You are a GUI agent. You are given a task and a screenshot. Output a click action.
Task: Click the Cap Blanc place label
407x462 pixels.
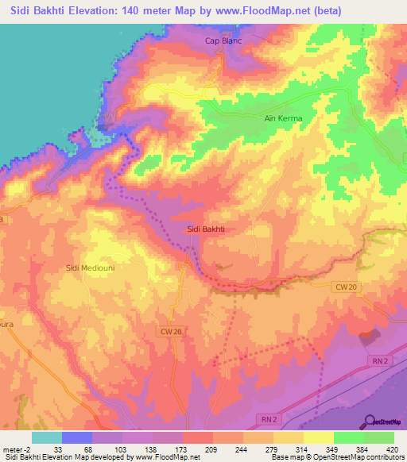[223, 41]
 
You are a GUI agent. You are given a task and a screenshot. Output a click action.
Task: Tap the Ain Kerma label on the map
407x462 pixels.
[284, 118]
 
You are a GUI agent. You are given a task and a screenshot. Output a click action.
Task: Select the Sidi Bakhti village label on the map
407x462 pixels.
[206, 229]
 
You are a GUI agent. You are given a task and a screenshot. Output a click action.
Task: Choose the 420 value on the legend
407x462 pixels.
[391, 449]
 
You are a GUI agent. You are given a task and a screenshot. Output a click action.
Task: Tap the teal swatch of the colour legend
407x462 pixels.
[46, 437]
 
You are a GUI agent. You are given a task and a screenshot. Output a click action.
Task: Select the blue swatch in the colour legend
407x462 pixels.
[76, 437]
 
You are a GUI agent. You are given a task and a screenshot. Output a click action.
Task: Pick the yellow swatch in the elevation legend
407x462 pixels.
[318, 437]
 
